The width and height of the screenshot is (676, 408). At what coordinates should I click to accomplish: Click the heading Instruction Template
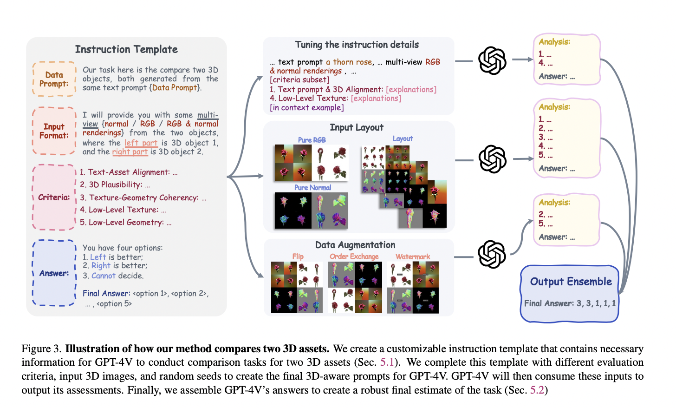[x=126, y=49]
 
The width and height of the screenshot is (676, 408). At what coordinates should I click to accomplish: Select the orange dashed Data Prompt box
[x=54, y=79]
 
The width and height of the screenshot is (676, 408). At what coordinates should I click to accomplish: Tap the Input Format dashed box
[x=54, y=131]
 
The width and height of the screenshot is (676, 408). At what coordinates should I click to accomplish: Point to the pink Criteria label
[x=54, y=197]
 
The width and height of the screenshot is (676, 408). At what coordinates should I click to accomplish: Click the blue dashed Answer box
[x=54, y=273]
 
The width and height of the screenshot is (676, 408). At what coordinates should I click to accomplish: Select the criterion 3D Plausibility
[x=115, y=184]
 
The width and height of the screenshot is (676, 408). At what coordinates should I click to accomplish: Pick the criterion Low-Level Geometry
[x=125, y=222]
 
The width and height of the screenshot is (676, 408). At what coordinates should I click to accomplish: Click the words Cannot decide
[x=117, y=276]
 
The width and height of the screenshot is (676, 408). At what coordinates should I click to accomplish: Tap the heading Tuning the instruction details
[x=357, y=45]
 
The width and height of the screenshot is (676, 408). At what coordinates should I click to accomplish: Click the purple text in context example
[x=307, y=107]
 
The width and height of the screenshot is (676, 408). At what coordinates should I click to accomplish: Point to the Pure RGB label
[x=312, y=140]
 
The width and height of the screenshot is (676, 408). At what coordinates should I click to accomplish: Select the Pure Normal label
[x=312, y=188]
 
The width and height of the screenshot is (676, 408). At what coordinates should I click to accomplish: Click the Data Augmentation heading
[x=355, y=245]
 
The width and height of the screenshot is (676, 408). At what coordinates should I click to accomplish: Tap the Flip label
[x=298, y=257]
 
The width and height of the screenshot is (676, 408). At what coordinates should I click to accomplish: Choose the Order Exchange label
[x=354, y=257]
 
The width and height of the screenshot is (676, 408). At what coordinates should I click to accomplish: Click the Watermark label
[x=413, y=257]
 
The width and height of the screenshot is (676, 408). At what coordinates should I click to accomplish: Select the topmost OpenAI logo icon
[x=492, y=60]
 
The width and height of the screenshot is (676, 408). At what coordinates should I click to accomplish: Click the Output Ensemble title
[x=571, y=282]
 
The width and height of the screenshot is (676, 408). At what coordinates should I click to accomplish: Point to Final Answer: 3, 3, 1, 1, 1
[x=570, y=303]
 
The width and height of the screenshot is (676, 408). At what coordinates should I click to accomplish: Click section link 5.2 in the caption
[x=537, y=390]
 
